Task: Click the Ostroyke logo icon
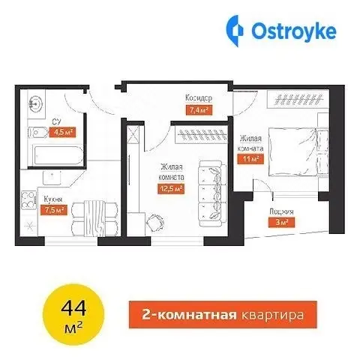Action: (x=235, y=31)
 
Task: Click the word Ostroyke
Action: (x=294, y=31)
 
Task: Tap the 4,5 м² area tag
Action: (x=62, y=133)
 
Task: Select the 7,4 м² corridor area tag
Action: (x=199, y=110)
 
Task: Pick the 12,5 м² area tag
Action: (x=171, y=189)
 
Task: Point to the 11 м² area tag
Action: (x=250, y=159)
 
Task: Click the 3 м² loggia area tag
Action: (x=281, y=222)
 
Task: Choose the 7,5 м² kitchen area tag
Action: (x=54, y=210)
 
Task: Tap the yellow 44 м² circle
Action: (x=73, y=314)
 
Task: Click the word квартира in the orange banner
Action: (x=273, y=315)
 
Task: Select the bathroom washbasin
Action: (x=36, y=103)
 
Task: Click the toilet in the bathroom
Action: (x=37, y=132)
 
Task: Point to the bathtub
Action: (x=58, y=155)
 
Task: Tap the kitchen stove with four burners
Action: (x=29, y=199)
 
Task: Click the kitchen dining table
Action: (x=94, y=218)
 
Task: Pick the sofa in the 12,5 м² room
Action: (x=213, y=193)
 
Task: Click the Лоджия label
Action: (x=281, y=212)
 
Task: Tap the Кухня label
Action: (x=53, y=199)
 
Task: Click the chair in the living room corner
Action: (x=155, y=222)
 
